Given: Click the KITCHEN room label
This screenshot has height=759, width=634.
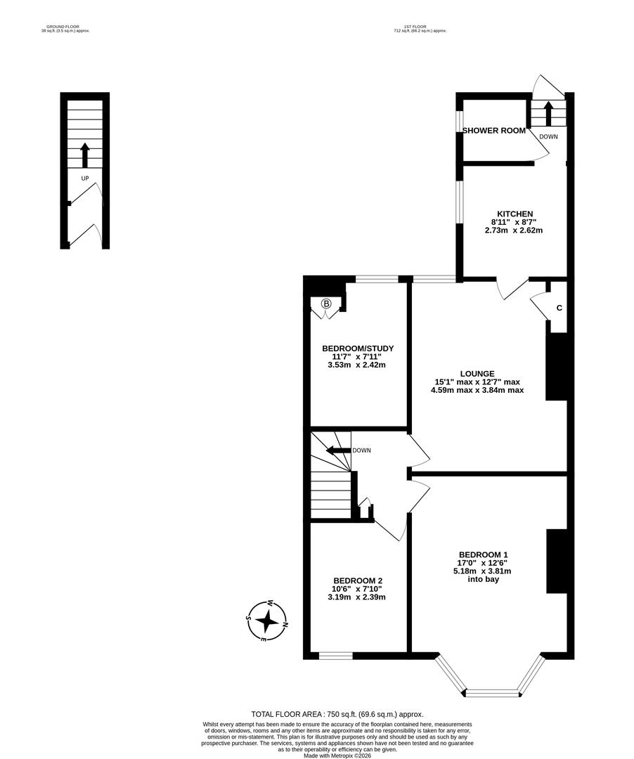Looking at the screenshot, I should point(515,214).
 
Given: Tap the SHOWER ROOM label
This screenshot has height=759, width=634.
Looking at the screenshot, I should point(494,131).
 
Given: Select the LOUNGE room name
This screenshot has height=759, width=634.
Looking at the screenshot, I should point(477,374).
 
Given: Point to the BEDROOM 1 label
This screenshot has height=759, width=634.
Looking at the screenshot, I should point(483,554).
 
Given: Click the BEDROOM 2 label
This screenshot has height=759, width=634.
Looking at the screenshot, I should point(357,580).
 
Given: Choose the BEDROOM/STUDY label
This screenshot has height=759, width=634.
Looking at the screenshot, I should point(358,349).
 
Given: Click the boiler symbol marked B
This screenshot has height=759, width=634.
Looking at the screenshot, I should point(326,304).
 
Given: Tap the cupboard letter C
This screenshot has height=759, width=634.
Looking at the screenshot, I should point(559,308).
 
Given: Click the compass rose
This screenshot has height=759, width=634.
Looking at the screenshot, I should point(267,621).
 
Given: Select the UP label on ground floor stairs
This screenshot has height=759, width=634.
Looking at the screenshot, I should point(85,179).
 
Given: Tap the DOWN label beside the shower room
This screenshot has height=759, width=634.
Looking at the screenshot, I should point(549,136).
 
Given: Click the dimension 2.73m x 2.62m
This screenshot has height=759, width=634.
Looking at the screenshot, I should point(514,230).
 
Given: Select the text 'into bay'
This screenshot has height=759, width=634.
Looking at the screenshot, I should point(483,580).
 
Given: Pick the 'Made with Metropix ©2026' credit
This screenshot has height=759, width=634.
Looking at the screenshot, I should point(337,755).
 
